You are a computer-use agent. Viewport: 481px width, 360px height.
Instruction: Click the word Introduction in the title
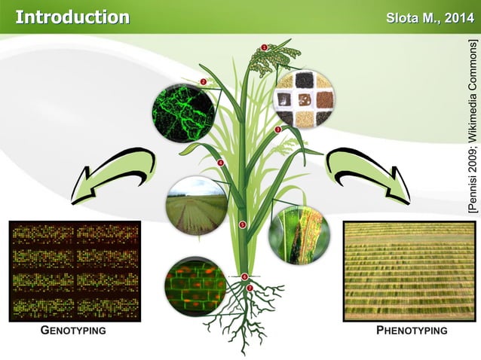coord(72,17)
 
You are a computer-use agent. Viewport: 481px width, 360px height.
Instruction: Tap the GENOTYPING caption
coord(72,331)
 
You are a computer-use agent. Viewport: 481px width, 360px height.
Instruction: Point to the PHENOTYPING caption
coord(411,331)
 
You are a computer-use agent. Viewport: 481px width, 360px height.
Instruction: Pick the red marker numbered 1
coord(265,47)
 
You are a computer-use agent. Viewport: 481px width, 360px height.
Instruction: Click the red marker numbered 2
coord(204,81)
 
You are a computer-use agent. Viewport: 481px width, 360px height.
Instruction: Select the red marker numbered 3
coord(277,130)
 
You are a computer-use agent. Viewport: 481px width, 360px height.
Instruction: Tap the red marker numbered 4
coord(221,163)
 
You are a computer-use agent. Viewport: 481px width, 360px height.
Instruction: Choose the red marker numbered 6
coord(245,276)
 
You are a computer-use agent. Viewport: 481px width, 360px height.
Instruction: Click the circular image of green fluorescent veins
coord(183,113)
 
